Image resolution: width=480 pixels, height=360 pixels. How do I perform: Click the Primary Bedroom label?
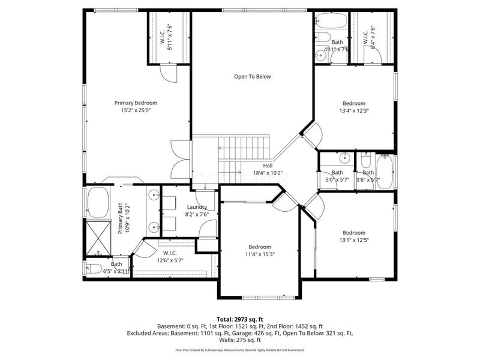[x=136, y=103]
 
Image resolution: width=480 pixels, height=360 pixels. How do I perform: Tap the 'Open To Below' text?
[x=253, y=76]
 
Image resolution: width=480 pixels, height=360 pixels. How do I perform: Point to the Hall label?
[x=268, y=166]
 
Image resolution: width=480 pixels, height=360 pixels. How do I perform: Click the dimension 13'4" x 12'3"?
[x=354, y=110]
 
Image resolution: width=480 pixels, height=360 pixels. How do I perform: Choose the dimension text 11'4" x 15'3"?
[x=260, y=254]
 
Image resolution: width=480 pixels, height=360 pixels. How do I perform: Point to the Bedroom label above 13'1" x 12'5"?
[x=354, y=233]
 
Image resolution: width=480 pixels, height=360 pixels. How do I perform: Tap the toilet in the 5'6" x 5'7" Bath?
[x=366, y=160]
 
